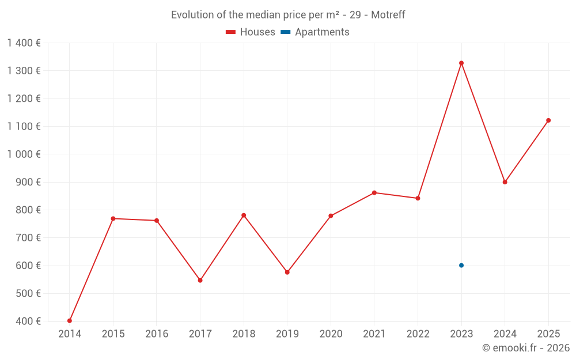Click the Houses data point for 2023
click(x=461, y=63)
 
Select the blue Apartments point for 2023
click(x=461, y=266)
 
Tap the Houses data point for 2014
click(x=70, y=321)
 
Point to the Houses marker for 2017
click(x=200, y=281)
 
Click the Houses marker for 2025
click(x=548, y=120)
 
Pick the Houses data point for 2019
click(x=287, y=272)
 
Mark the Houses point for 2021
click(x=374, y=193)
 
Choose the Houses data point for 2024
click(x=505, y=182)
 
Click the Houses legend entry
click(x=251, y=32)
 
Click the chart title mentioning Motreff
click(x=288, y=15)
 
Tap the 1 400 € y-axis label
click(x=24, y=43)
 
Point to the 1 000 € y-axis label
click(x=24, y=154)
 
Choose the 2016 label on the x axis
click(x=157, y=334)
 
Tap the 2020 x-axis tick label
click(x=331, y=334)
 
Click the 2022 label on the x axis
click(x=418, y=334)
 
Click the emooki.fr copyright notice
click(x=525, y=348)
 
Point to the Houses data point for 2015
click(x=113, y=219)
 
